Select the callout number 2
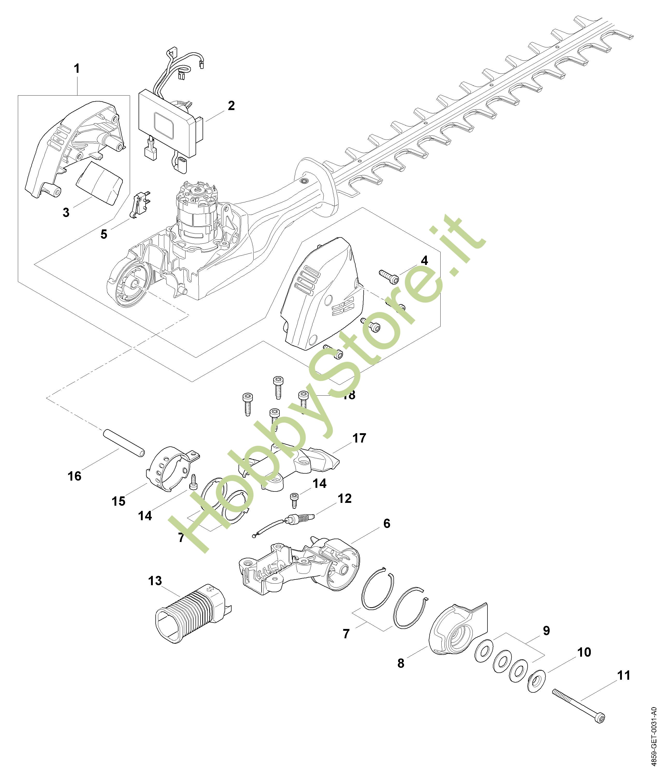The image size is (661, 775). tap(231, 106)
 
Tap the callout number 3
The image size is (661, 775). tap(66, 212)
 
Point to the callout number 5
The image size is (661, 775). tap(104, 235)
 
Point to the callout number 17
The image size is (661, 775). tap(359, 438)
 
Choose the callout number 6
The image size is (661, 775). tap(386, 524)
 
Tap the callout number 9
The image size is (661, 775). tap(546, 631)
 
